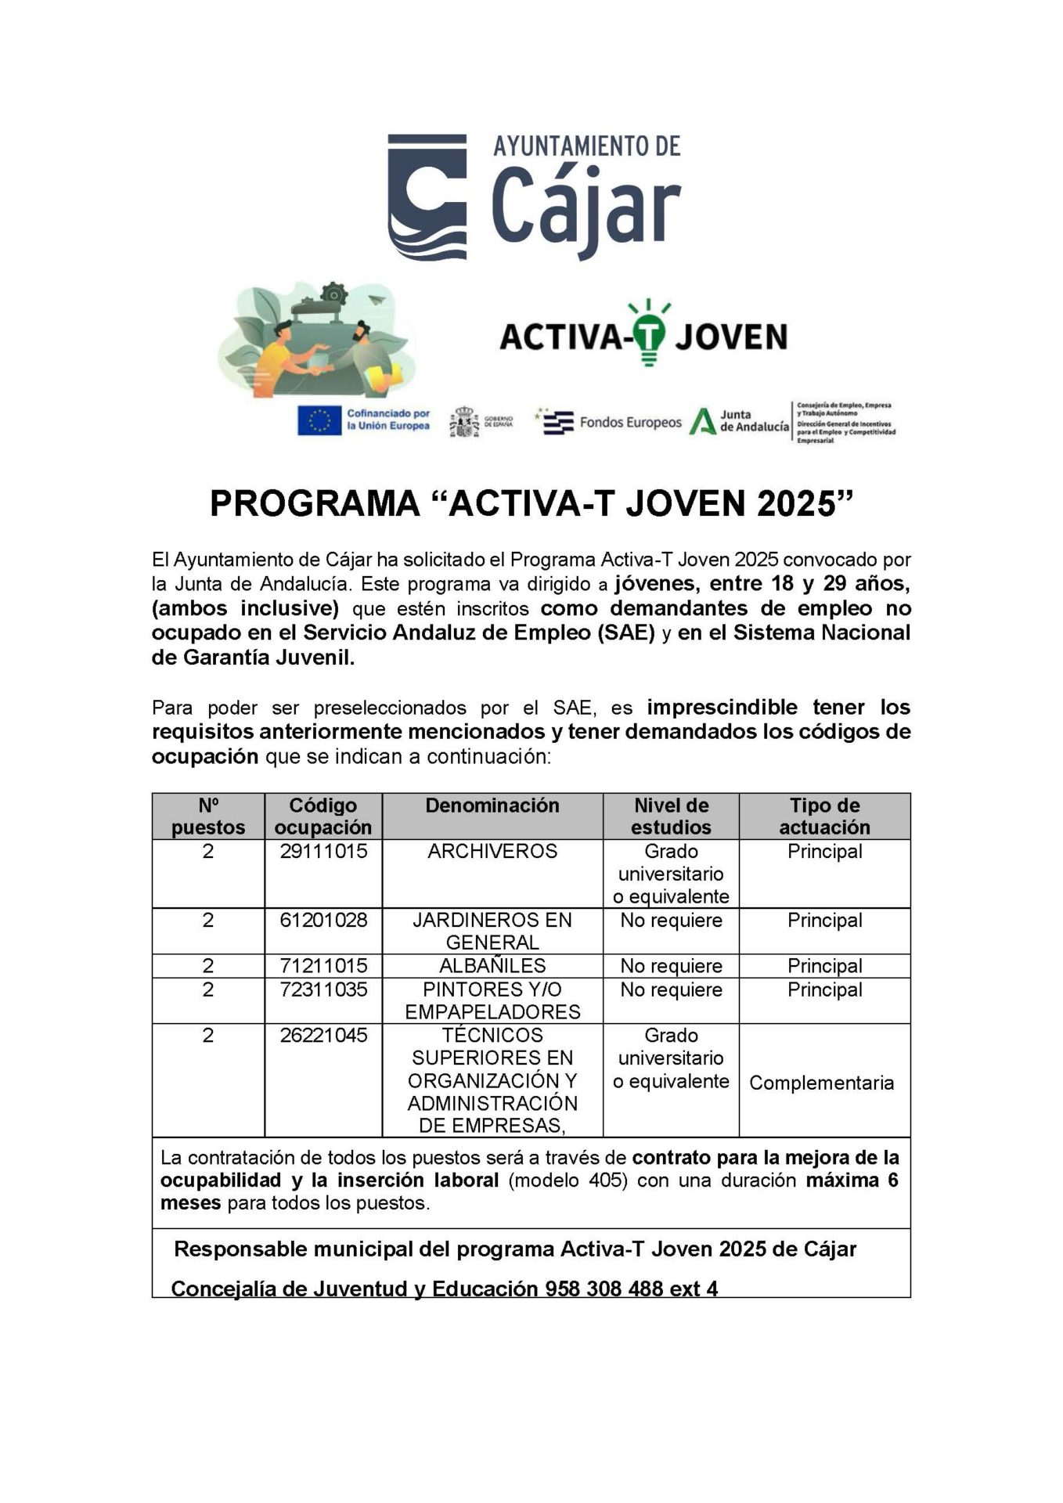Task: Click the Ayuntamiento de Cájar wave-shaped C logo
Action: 427,196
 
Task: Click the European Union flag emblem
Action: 319,420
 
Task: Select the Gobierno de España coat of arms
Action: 465,423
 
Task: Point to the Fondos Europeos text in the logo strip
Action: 630,423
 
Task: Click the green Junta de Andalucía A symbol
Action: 702,421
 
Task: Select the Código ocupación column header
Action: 323,816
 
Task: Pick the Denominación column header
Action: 492,806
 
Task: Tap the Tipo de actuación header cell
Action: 824,816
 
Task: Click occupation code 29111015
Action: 323,852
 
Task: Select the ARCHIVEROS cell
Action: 492,852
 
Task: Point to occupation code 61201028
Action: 323,921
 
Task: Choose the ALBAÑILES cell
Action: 492,966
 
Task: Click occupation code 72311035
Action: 323,989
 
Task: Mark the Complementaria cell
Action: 821,1083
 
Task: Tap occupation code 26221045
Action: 323,1036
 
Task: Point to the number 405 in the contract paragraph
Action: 610,1180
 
